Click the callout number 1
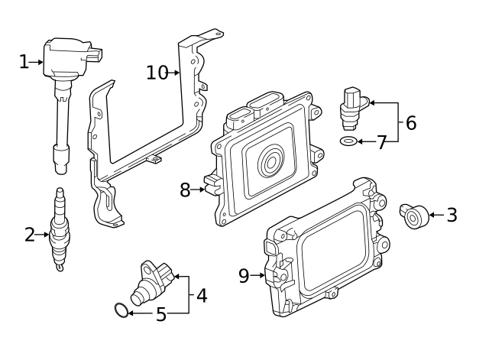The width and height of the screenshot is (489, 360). tap(24, 62)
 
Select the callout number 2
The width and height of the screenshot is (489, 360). tap(30, 235)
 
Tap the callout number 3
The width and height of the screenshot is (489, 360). tap(452, 216)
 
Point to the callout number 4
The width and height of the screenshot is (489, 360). tap(202, 295)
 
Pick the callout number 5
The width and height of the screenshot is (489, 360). tap(160, 314)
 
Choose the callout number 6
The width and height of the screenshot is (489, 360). tap(410, 122)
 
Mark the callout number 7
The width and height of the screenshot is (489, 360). tap(382, 143)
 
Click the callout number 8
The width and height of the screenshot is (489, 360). tap(185, 190)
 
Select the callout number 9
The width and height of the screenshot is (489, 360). tap(244, 276)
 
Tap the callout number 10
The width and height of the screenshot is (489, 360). tap(157, 73)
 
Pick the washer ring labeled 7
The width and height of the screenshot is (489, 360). tap(348, 142)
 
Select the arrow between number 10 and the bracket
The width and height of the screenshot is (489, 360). tap(175, 73)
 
